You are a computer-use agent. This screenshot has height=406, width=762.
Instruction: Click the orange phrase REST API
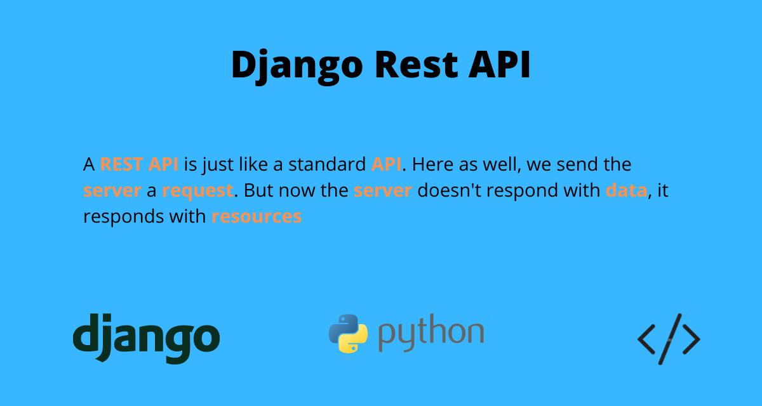tap(139, 165)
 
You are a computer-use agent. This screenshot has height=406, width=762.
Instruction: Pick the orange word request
tap(197, 190)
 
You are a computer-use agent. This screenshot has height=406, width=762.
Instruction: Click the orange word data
tap(626, 190)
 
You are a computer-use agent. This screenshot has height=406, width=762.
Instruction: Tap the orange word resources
tap(257, 216)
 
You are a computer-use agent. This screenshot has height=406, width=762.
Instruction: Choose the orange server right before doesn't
tap(383, 190)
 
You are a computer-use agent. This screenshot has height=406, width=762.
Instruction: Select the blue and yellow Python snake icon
tap(348, 334)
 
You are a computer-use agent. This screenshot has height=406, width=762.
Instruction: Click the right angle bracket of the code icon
tap(690, 339)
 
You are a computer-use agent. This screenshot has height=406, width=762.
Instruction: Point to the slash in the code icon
tap(669, 339)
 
